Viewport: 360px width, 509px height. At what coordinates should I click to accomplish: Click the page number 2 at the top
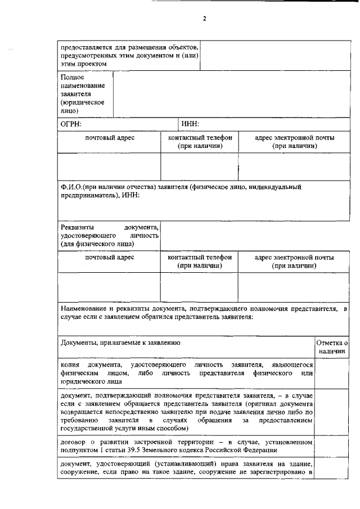(205, 19)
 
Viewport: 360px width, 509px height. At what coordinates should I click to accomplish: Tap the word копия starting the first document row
(70, 366)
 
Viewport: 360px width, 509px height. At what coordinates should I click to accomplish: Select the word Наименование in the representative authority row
(85, 309)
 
